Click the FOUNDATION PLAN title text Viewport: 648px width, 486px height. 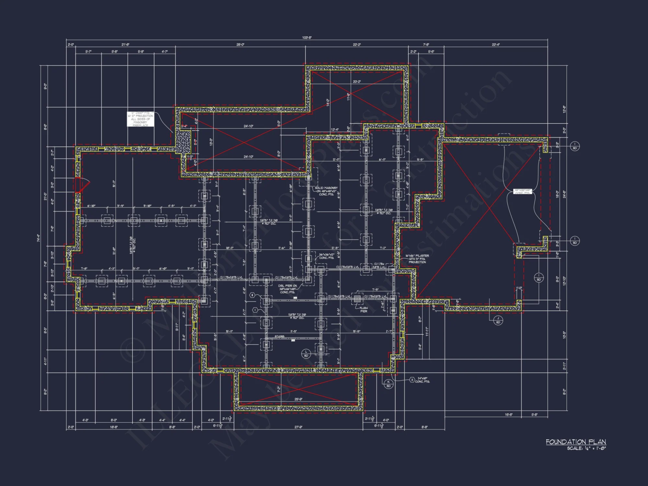pos(576,442)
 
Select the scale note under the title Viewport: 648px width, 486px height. pos(586,448)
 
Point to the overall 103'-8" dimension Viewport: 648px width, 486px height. pos(307,38)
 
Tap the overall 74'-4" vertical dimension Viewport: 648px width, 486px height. pos(38,238)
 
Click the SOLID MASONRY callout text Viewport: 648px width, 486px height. pos(326,188)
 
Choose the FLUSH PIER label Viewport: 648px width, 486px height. pos(364,310)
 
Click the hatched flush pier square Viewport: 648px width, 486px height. pos(357,299)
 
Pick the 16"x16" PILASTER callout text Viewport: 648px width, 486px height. pos(417,256)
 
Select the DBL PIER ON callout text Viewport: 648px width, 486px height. pos(287,286)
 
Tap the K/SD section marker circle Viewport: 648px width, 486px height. pos(388,384)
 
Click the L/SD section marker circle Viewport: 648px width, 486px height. pos(306,353)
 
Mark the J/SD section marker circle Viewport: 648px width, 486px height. pos(498,320)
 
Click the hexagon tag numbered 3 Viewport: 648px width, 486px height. pos(412,380)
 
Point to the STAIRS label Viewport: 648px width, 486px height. pos(279,337)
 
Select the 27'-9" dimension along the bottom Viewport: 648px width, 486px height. pos(298,427)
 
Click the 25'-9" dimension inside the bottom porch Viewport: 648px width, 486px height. pos(298,399)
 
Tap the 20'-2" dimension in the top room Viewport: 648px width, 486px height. pos(356,82)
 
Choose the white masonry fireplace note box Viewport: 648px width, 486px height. pos(140,119)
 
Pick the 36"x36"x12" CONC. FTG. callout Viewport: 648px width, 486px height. pos(326,256)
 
